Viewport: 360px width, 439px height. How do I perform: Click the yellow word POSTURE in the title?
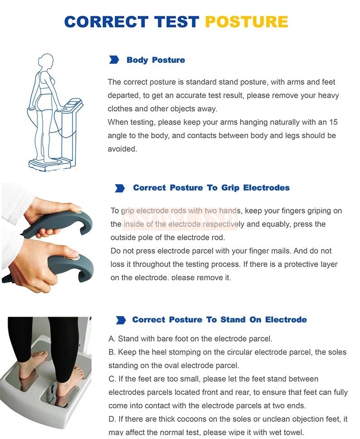[x=247, y=22]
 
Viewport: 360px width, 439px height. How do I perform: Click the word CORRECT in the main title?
[x=106, y=22]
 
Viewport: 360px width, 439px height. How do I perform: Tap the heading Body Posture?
[x=156, y=60]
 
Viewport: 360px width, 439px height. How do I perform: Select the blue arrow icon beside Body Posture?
[x=114, y=59]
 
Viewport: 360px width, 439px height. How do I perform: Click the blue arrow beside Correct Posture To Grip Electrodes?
[x=120, y=188]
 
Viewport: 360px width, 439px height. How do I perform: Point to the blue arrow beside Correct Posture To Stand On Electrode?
[x=121, y=320]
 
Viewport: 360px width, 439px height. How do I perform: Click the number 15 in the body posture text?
[x=334, y=122]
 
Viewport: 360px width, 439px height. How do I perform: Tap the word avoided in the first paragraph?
[x=122, y=149]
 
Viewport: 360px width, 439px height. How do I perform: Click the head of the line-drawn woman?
[x=46, y=61]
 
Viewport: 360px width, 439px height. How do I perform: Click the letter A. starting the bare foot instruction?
[x=112, y=339]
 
